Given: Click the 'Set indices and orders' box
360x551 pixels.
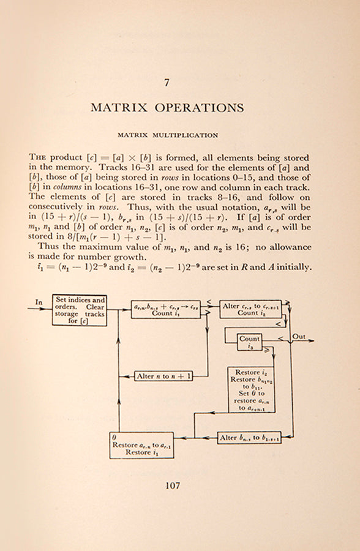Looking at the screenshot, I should click(78, 310).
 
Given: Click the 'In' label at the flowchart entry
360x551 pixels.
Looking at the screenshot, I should click(39, 302).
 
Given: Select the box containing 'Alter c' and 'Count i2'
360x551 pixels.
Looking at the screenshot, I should click(249, 309).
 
